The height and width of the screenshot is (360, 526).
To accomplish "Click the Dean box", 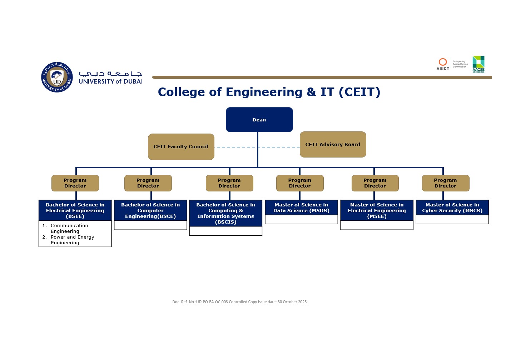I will pyautogui.click(x=259, y=120).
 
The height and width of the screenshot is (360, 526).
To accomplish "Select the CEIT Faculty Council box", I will pyautogui.click(x=181, y=146).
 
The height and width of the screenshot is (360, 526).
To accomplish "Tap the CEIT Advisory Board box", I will pyautogui.click(x=333, y=144).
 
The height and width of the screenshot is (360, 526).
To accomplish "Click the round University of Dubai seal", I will pyautogui.click(x=57, y=77).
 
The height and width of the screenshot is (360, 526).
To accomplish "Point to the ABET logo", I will pyautogui.click(x=443, y=64).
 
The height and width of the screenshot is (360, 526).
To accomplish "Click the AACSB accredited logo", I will pyautogui.click(x=478, y=64).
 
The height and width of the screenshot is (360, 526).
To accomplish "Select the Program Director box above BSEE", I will pyautogui.click(x=75, y=183).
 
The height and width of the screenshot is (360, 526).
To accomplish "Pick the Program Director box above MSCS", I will pyautogui.click(x=445, y=183).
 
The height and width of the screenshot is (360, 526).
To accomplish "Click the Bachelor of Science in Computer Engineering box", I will pyautogui.click(x=150, y=210).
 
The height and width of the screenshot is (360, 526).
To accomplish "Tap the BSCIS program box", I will pyautogui.click(x=225, y=213).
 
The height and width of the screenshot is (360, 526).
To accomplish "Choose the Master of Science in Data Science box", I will pyautogui.click(x=301, y=207).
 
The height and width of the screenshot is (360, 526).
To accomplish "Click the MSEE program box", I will pyautogui.click(x=377, y=210).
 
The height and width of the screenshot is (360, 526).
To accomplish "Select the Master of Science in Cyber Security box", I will pyautogui.click(x=452, y=207).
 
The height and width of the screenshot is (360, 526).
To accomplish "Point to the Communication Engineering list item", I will pyautogui.click(x=69, y=228).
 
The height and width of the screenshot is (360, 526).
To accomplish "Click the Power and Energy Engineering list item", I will pyautogui.click(x=72, y=240).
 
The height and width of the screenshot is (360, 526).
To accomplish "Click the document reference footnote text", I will pyautogui.click(x=239, y=302).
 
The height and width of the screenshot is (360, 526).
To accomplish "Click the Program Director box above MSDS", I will pyautogui.click(x=299, y=183).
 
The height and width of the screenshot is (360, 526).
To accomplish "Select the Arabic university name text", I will pyautogui.click(x=110, y=73).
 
